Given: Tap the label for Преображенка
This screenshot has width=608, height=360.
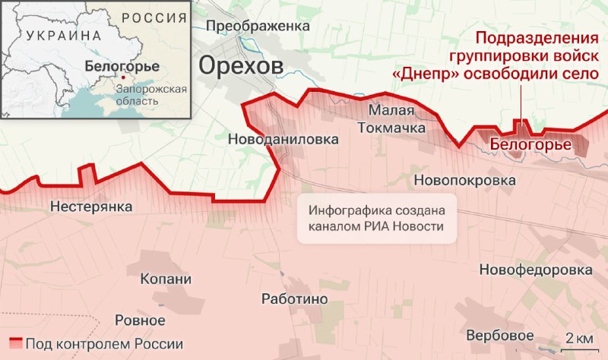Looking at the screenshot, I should coord(258,26).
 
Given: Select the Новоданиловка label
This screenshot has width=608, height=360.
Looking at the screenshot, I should coord(282,140).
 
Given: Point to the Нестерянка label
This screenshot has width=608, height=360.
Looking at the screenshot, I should coord(91,207).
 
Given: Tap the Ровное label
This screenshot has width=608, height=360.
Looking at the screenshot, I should coord(140,320).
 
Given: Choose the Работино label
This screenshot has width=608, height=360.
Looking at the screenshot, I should coord(294,299).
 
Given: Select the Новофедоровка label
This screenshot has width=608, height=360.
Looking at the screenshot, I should coord(536,270).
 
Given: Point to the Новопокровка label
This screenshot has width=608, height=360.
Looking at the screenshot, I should coord(464,181).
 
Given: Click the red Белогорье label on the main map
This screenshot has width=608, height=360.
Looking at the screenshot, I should coord(530,142).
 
